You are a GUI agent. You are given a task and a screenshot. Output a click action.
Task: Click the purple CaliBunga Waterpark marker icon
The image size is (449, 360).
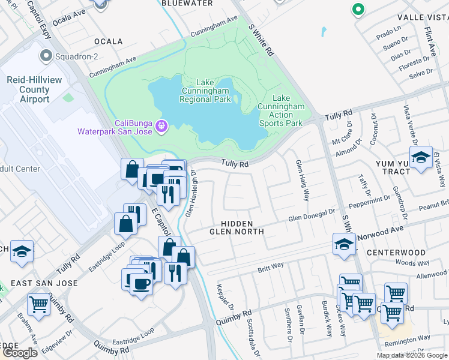161,126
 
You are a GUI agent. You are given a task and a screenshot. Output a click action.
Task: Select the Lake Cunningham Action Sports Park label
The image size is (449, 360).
280,110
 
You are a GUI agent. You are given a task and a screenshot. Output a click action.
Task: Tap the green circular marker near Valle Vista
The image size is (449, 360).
358,10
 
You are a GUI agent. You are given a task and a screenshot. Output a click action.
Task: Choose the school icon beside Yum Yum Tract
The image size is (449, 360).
421,157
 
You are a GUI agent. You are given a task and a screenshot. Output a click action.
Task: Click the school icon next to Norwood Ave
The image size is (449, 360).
344,244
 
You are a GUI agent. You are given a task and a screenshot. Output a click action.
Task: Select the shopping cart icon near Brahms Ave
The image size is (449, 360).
38,304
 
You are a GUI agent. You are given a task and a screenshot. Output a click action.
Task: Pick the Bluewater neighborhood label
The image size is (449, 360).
187,3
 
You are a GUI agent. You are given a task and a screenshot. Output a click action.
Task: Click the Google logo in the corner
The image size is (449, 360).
20,353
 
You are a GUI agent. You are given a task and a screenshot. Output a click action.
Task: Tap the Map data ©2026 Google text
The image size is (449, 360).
411,355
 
